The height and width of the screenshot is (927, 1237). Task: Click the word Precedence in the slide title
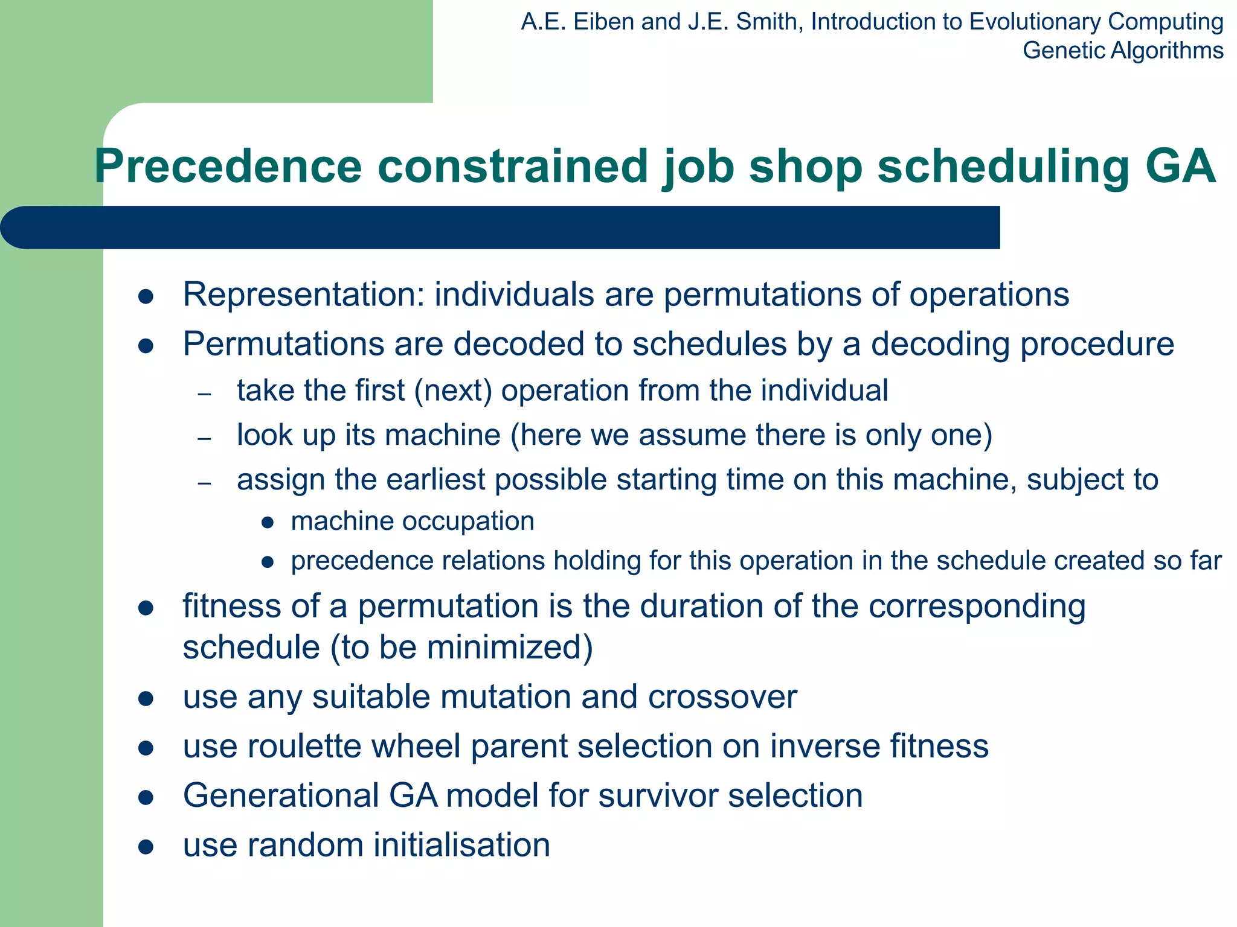[x=228, y=167]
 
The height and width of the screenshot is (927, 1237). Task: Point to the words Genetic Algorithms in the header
[x=1123, y=50]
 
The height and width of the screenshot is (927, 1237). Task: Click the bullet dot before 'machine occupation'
[x=268, y=523]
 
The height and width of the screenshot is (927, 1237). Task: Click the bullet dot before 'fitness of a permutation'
[x=146, y=608]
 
